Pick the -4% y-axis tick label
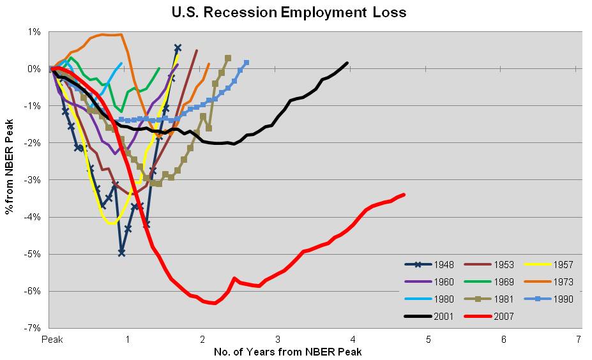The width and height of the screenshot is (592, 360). [33, 217]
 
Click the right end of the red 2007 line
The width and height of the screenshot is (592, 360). [404, 194]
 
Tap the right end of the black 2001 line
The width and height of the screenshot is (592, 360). [347, 63]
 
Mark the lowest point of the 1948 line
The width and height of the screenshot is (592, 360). [121, 253]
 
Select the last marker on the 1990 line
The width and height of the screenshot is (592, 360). [247, 63]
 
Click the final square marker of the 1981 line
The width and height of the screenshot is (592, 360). [228, 58]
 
